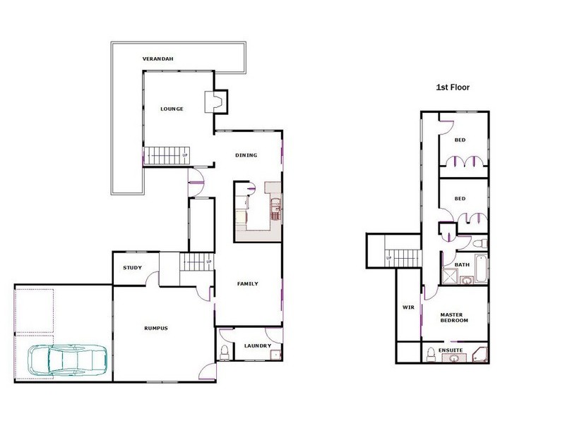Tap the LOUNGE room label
coord(172,109)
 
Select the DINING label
coord(246,155)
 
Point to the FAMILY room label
coord(246,284)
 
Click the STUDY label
coord(132,267)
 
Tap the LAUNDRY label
coord(254,345)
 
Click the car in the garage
coord(66,360)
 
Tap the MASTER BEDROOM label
coord(455,317)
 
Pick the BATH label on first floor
coord(462,264)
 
